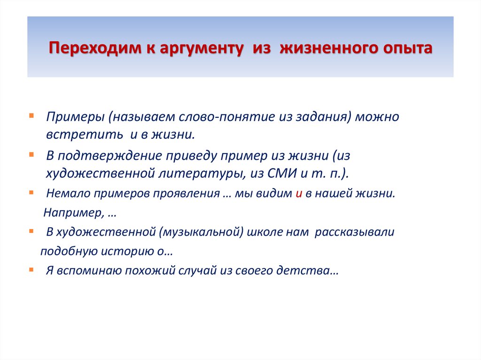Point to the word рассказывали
pyautogui.click(x=354, y=232)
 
